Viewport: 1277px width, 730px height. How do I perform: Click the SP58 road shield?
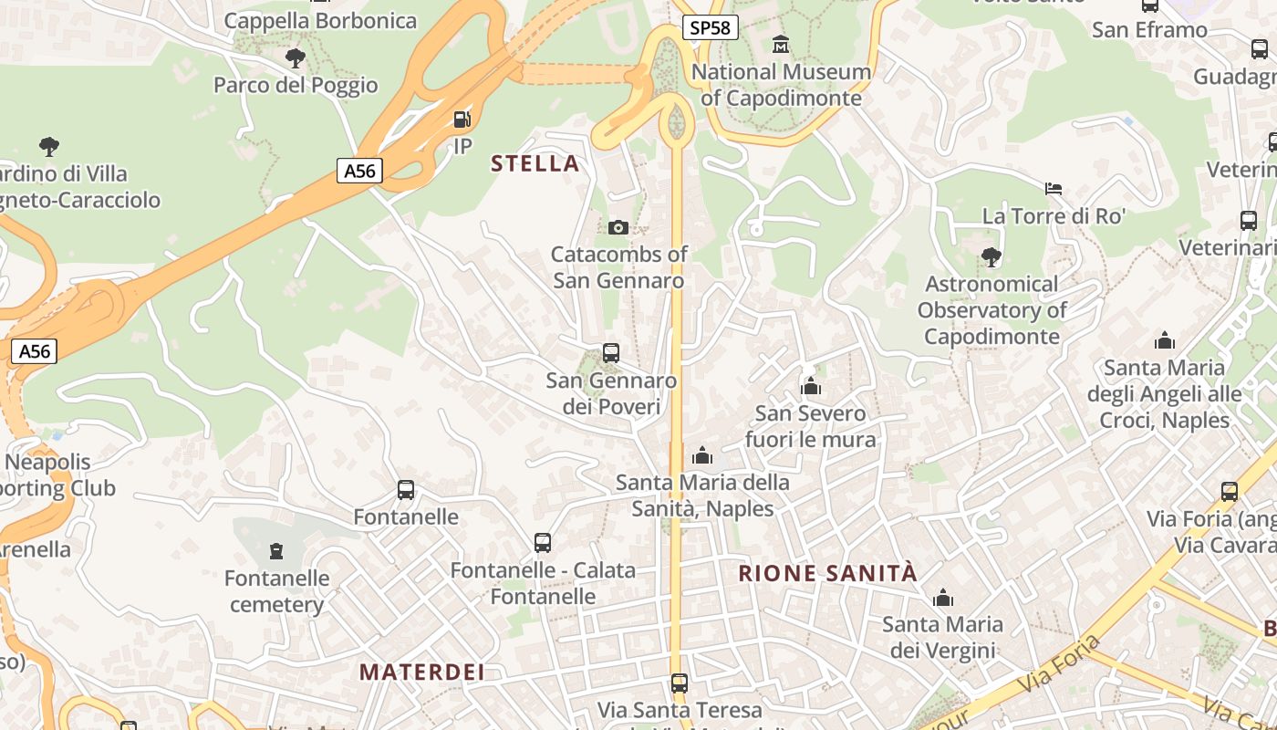[x=710, y=27]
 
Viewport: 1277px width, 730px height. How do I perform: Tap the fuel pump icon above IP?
[x=462, y=119]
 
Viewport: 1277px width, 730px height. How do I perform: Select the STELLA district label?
[x=535, y=163]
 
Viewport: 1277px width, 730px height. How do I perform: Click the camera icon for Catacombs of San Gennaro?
[x=618, y=227]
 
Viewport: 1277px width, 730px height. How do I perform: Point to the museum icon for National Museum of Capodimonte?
[x=781, y=44]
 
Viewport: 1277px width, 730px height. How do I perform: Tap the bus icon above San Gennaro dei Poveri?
[x=611, y=352]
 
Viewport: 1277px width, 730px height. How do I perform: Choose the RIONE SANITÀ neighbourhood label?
[x=827, y=573]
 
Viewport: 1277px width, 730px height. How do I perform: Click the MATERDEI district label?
[x=421, y=673]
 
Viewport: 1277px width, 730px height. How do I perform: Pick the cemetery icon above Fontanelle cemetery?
[x=276, y=550]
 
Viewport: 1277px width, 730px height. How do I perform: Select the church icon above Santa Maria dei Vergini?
[x=943, y=599]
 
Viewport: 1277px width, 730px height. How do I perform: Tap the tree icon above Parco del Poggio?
[x=295, y=58]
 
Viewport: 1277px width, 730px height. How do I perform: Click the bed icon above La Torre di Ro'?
[x=1054, y=189]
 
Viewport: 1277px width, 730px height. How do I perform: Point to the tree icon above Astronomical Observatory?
[x=991, y=257]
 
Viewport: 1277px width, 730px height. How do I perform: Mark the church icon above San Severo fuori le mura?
[x=811, y=387]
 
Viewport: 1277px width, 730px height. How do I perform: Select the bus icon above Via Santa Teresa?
[x=679, y=683]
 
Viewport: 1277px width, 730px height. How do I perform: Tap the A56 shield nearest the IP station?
[x=359, y=171]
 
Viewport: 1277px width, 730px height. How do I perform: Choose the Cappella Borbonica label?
[x=320, y=20]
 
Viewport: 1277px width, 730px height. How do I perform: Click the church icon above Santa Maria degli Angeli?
[x=1165, y=341]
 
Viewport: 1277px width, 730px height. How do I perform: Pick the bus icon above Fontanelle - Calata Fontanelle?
[x=543, y=543]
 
